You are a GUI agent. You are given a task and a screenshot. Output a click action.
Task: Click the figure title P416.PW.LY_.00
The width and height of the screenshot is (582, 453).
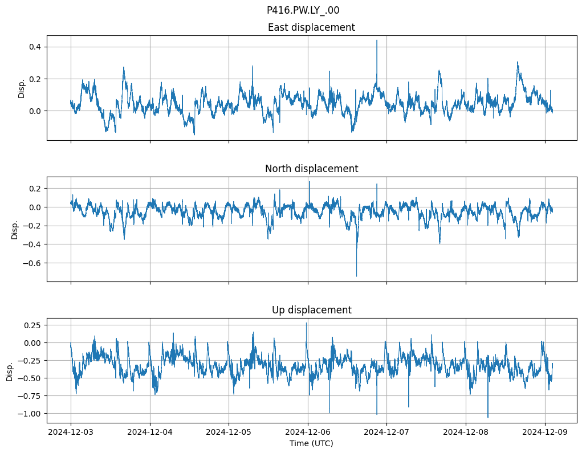pos(303,10)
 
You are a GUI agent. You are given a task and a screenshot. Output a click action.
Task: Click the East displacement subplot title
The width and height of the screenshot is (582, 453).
pos(311,27)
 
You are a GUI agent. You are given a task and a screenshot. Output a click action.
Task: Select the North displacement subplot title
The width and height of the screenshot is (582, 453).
pos(311,169)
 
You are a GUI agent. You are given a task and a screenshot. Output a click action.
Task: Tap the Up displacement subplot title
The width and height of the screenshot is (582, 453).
pos(311,310)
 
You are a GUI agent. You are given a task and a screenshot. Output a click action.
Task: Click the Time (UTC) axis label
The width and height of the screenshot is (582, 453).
pos(311,443)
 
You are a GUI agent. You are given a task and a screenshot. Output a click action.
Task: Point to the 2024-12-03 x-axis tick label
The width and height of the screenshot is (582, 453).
pos(71,431)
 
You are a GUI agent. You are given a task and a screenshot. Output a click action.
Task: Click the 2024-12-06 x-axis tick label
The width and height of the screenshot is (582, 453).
pos(308,431)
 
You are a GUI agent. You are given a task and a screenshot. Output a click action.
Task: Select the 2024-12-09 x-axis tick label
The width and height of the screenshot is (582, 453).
pos(545,431)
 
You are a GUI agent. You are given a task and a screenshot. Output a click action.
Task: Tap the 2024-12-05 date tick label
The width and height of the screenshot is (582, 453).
pos(229,431)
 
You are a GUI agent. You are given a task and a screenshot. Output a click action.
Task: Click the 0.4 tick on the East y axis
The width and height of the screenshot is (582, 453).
pos(35,47)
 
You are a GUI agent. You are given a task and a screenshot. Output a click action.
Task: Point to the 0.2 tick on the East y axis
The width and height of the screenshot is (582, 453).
pos(35,79)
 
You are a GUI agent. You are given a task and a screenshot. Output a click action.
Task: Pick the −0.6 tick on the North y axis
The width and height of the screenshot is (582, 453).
pos(32,263)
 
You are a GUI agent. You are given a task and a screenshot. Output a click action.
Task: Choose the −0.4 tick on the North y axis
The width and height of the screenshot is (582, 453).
pos(32,244)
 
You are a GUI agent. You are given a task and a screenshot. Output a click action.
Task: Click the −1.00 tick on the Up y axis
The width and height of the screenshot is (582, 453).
pos(30,413)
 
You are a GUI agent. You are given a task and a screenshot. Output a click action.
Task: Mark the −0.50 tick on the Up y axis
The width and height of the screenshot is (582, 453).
pos(30,378)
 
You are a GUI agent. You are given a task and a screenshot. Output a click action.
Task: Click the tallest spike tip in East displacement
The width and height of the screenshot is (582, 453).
pos(376,40)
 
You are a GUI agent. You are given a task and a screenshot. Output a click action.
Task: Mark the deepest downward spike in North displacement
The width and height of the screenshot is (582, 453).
pos(357,276)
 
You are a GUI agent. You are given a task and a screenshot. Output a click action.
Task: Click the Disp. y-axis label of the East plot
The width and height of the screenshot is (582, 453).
pos(22,88)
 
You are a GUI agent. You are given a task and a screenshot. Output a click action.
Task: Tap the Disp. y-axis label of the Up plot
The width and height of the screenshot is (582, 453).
pos(10,370)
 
